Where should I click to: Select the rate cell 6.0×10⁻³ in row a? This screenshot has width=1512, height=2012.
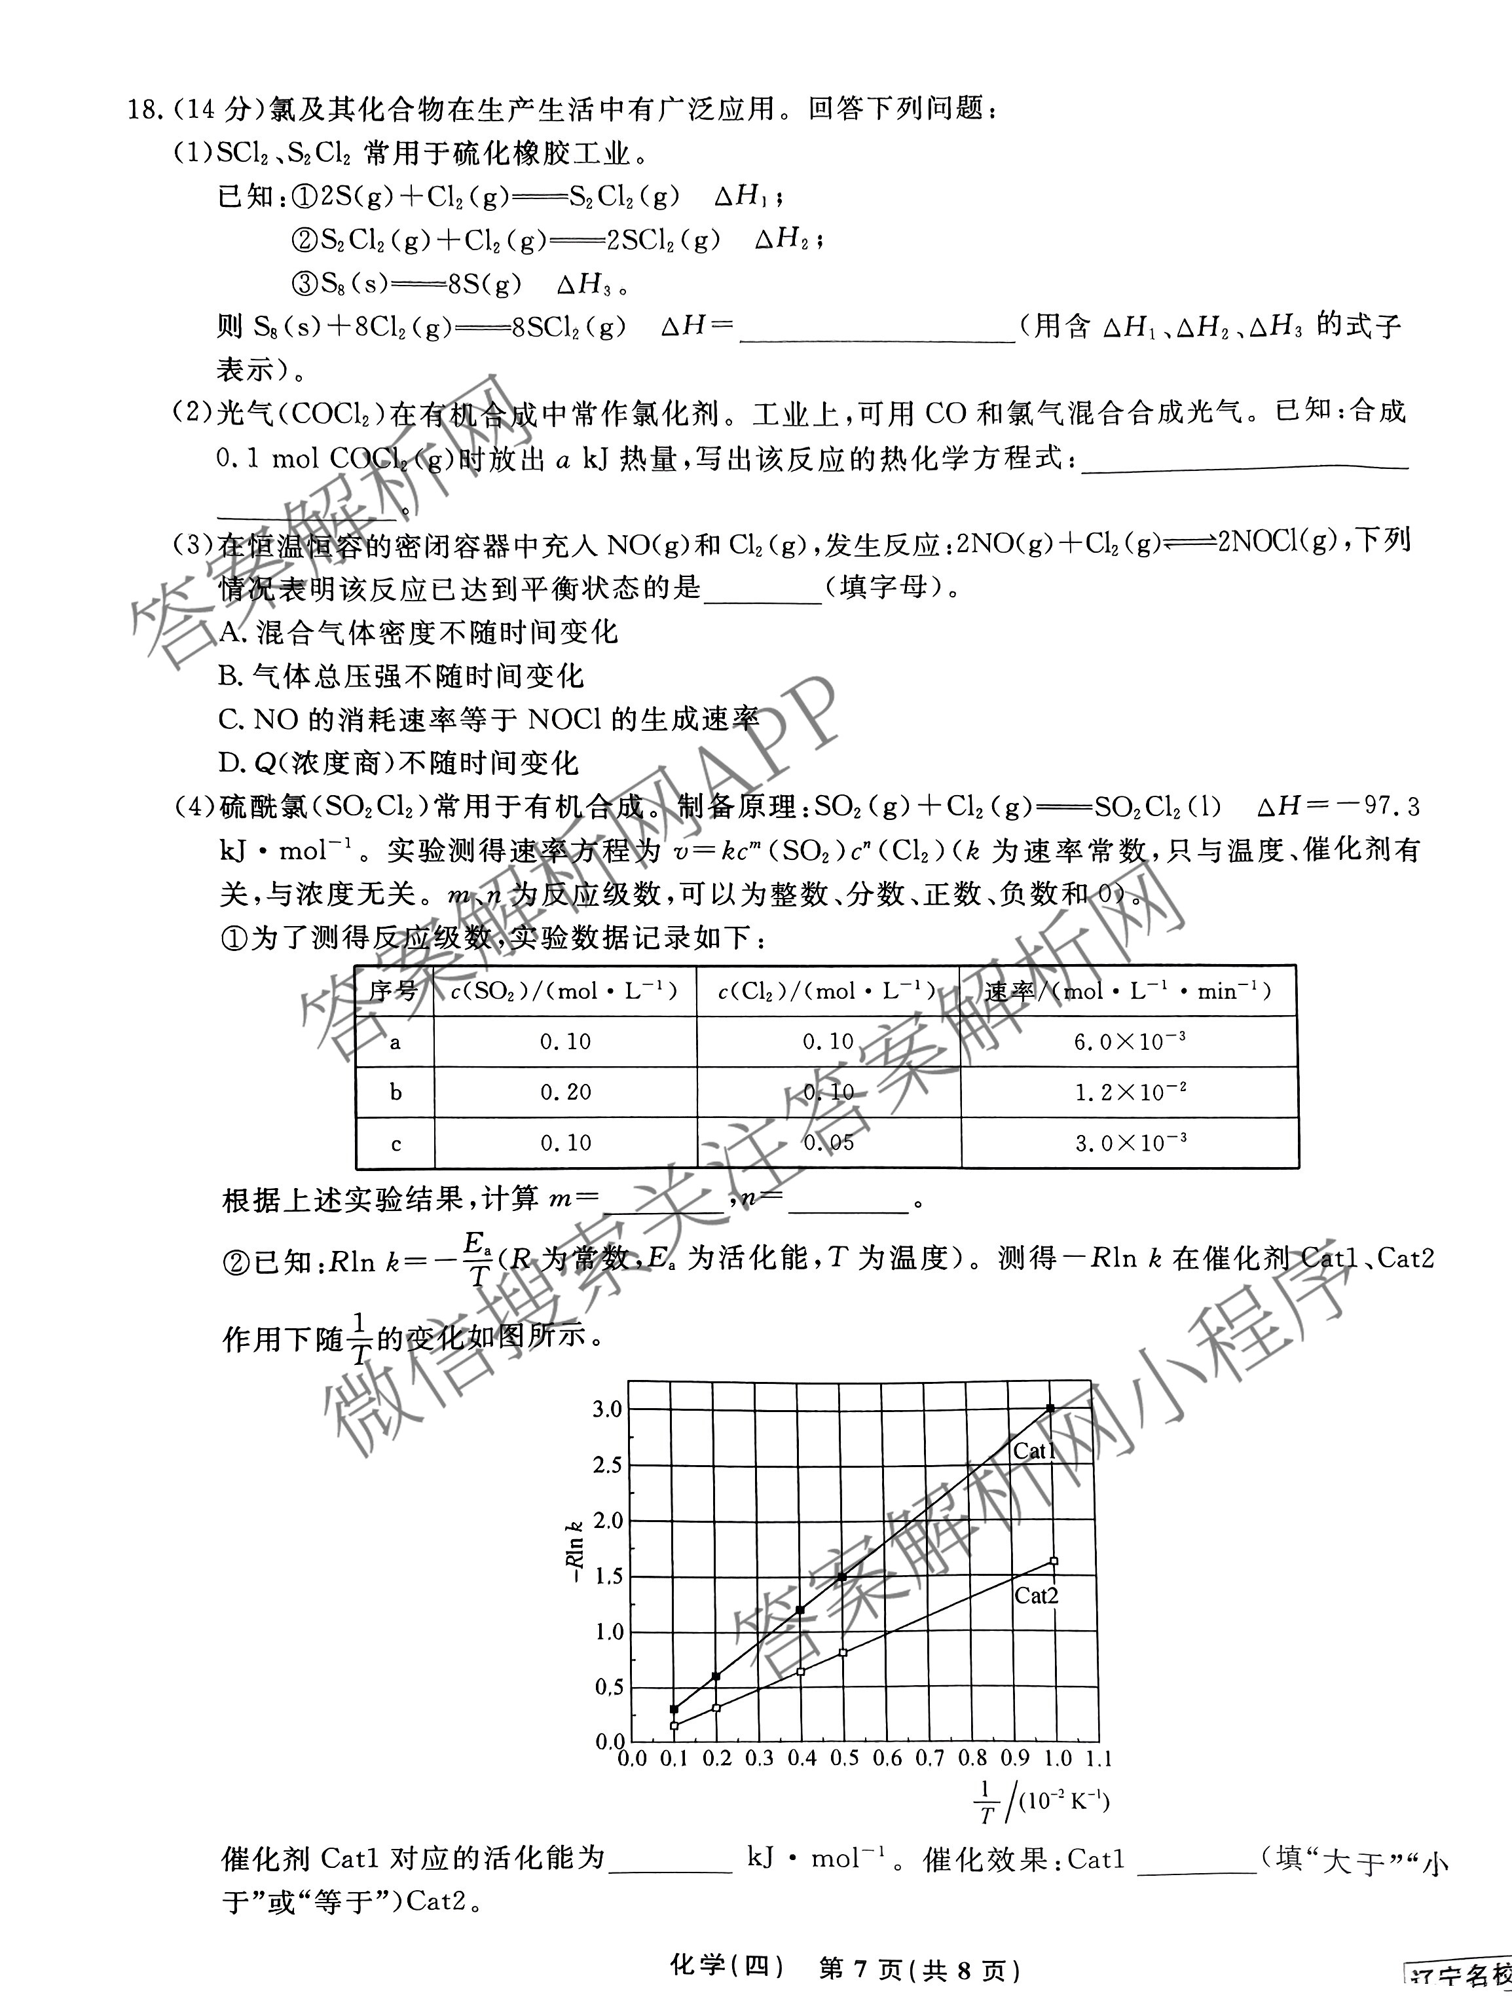point(1129,1041)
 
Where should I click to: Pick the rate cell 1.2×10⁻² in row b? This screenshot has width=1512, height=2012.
point(1129,1092)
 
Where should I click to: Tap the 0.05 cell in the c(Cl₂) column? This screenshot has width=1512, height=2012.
point(828,1142)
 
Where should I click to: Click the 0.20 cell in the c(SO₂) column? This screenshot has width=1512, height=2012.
point(566,1092)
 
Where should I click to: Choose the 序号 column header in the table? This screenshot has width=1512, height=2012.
point(394,990)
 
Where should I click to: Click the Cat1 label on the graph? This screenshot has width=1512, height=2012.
point(1034,1451)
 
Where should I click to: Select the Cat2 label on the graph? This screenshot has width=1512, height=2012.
point(1035,1595)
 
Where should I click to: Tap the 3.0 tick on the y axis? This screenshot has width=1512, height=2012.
point(607,1409)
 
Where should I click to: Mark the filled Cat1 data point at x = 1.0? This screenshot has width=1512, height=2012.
point(1051,1408)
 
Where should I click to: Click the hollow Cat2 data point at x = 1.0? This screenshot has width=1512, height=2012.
point(1053,1561)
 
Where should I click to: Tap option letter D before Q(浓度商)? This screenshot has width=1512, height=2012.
point(229,762)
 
